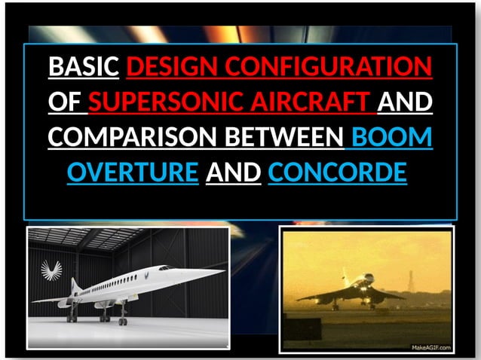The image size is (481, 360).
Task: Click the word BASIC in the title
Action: point(84,68)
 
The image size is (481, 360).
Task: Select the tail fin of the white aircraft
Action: point(75,284)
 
